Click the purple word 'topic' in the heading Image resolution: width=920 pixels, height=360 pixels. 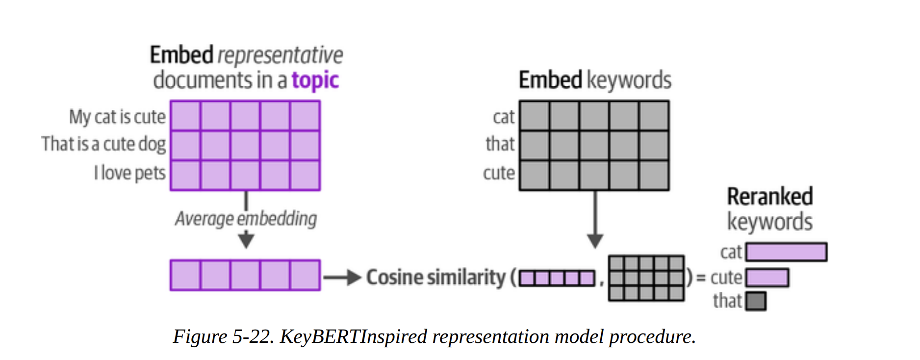click(315, 80)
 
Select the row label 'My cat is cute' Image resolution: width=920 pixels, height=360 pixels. click(117, 117)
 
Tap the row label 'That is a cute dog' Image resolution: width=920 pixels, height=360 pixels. click(103, 144)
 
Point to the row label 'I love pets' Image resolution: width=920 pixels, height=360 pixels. click(129, 173)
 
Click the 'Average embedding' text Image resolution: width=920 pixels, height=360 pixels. click(246, 219)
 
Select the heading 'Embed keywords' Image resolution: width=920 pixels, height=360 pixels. click(594, 80)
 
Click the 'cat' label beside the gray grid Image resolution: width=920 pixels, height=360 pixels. click(503, 117)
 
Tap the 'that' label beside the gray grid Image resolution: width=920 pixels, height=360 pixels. click(500, 144)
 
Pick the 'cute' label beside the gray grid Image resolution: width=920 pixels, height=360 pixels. click(499, 173)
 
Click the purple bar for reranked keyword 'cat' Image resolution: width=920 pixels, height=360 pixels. click(786, 252)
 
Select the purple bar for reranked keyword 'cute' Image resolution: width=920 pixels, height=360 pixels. click(767, 278)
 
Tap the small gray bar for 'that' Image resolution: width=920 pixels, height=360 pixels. click(756, 301)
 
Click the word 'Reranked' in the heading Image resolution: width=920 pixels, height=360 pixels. click(769, 197)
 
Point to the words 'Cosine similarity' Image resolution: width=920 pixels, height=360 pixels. click(435, 278)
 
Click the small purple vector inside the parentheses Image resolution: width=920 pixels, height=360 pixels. click(557, 279)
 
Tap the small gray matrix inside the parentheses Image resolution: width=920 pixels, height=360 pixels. click(646, 278)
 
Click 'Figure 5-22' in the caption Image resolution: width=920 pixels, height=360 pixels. click(223, 337)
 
